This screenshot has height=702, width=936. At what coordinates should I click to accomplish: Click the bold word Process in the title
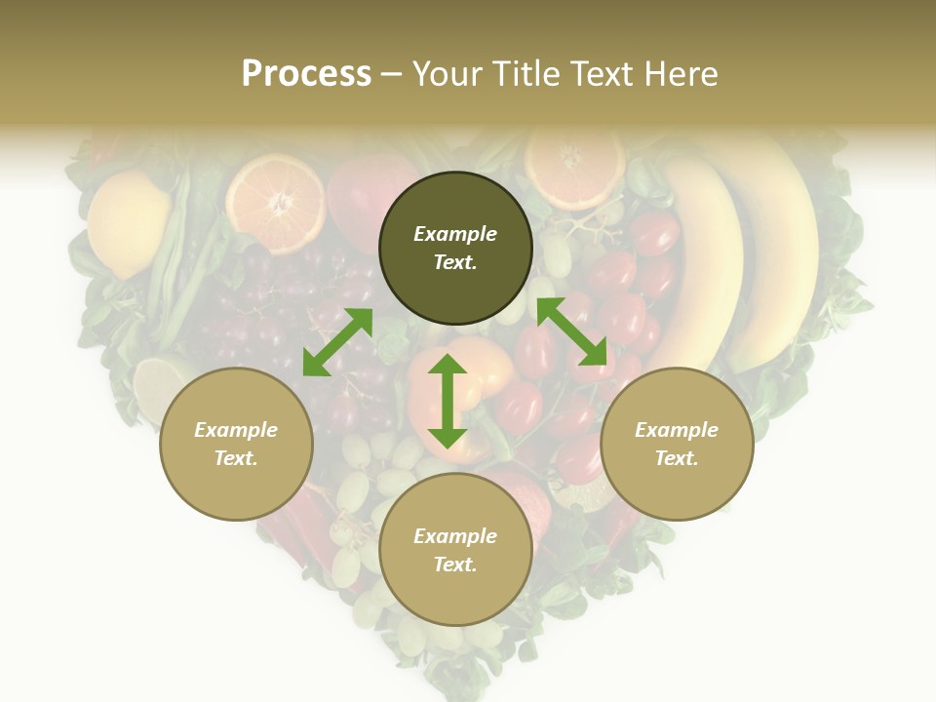pos(306,73)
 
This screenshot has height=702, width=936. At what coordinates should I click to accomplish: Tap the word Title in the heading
pos(524,73)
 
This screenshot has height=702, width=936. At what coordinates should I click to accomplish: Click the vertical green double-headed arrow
pos(448,401)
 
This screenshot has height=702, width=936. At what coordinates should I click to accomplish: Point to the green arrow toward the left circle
pos(337,341)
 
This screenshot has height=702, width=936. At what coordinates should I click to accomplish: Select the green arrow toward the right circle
pos(571,331)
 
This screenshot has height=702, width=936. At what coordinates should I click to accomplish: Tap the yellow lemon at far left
pos(128,222)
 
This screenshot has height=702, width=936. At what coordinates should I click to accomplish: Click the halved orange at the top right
pos(574,164)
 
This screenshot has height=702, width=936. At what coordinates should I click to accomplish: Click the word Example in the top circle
pos(455,234)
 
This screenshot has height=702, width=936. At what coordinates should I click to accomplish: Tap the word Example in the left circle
pos(236,430)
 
